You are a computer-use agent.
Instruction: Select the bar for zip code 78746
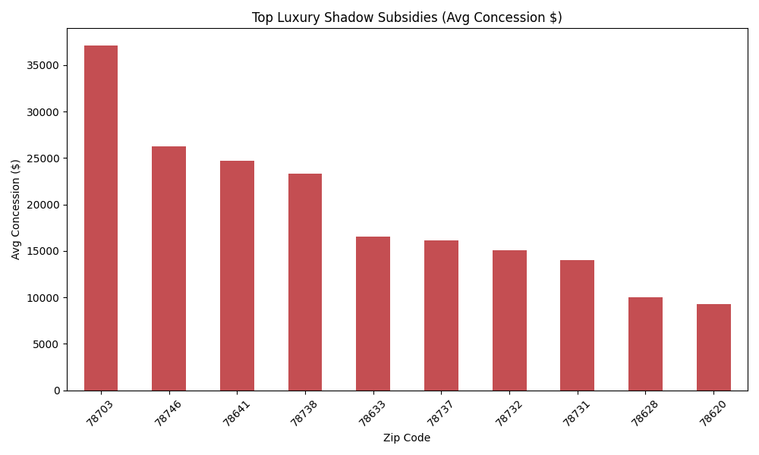(x=168, y=268)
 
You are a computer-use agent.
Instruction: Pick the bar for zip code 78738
(x=305, y=282)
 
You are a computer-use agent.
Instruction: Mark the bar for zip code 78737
(x=441, y=315)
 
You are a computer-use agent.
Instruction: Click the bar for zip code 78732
(x=509, y=320)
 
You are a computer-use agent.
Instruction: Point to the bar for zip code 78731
(x=577, y=325)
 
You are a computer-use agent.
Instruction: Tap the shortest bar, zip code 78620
(x=713, y=347)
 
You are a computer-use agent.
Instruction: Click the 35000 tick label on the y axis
(x=44, y=66)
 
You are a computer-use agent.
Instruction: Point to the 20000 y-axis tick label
(x=44, y=205)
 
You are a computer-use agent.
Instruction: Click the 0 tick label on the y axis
(x=57, y=391)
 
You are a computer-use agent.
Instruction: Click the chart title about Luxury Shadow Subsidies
(x=407, y=17)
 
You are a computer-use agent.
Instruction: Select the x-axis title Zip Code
(x=407, y=438)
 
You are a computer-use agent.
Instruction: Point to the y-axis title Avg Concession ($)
(x=16, y=209)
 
